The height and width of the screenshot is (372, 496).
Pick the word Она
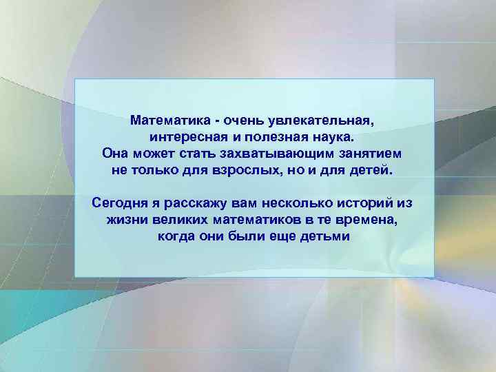pos(114,153)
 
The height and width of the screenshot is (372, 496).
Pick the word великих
pos(183,220)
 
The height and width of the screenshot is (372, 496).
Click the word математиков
pos(265,220)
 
